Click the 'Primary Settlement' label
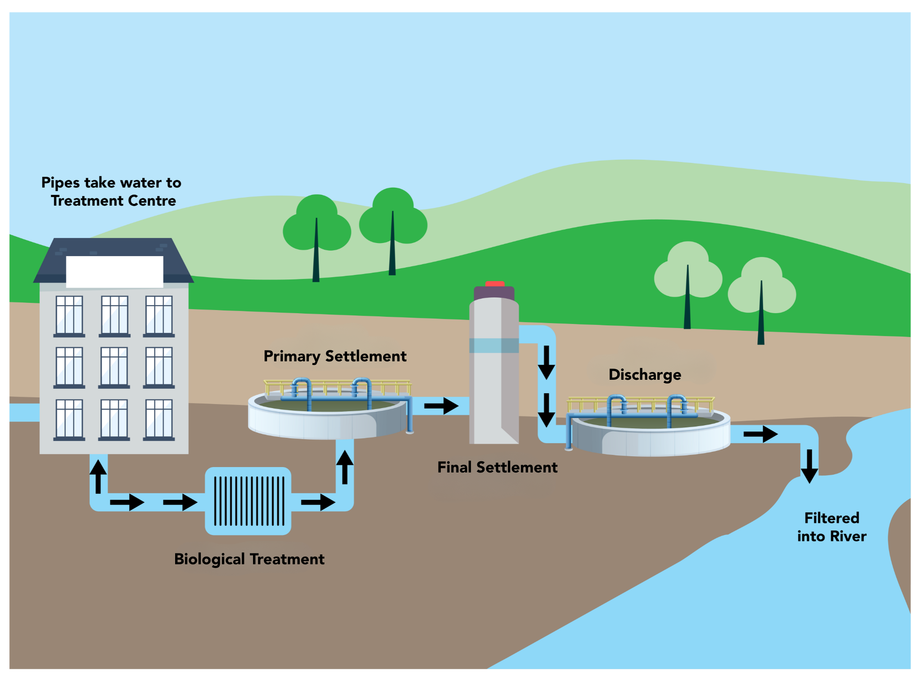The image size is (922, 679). (x=335, y=356)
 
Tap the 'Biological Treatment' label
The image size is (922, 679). (x=249, y=559)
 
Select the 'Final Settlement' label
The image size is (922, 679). (x=497, y=468)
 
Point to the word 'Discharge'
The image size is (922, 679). (x=645, y=375)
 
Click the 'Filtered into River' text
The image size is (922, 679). (x=832, y=527)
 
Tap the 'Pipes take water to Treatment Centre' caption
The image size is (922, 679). (x=112, y=192)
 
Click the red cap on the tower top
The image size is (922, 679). (x=495, y=284)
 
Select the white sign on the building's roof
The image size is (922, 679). (x=114, y=271)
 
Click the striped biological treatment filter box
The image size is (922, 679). (x=248, y=501)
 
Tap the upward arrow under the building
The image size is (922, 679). (x=98, y=477)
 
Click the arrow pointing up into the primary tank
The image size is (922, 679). (x=345, y=467)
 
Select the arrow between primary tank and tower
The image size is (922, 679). (x=441, y=406)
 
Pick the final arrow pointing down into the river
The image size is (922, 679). (x=809, y=466)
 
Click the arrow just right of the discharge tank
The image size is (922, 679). (x=760, y=434)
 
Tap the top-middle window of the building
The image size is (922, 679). (x=114, y=315)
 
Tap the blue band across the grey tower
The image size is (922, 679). (x=494, y=346)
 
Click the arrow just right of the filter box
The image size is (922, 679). (x=318, y=502)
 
